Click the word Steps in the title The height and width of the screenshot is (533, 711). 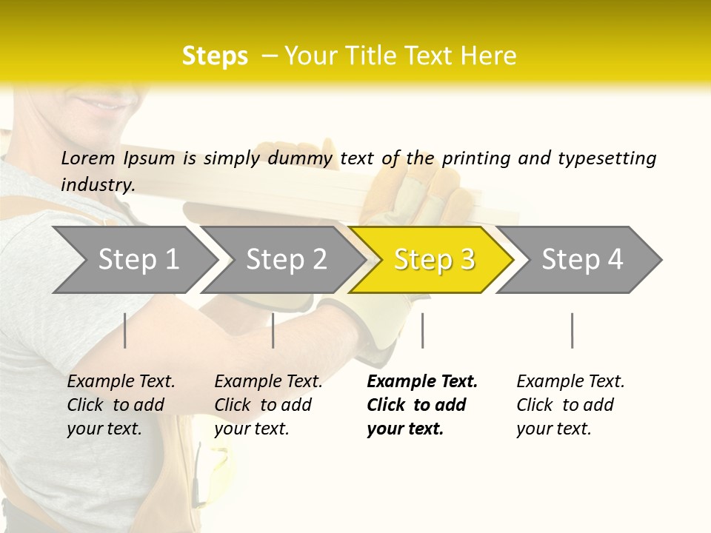[215, 56]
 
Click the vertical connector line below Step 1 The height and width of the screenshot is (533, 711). [124, 330]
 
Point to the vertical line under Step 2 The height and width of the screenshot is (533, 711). [273, 330]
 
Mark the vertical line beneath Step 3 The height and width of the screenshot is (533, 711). [422, 330]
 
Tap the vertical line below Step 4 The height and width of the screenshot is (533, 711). [572, 330]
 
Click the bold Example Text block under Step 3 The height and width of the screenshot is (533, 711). [422, 405]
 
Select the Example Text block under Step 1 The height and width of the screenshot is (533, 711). [121, 405]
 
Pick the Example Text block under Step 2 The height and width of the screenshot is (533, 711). [268, 405]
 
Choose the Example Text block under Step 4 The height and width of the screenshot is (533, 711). [570, 405]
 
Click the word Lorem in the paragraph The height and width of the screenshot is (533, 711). [87, 158]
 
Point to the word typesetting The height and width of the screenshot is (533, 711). [607, 158]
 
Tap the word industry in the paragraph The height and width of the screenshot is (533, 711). [98, 184]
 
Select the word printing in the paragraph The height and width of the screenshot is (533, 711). [475, 158]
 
